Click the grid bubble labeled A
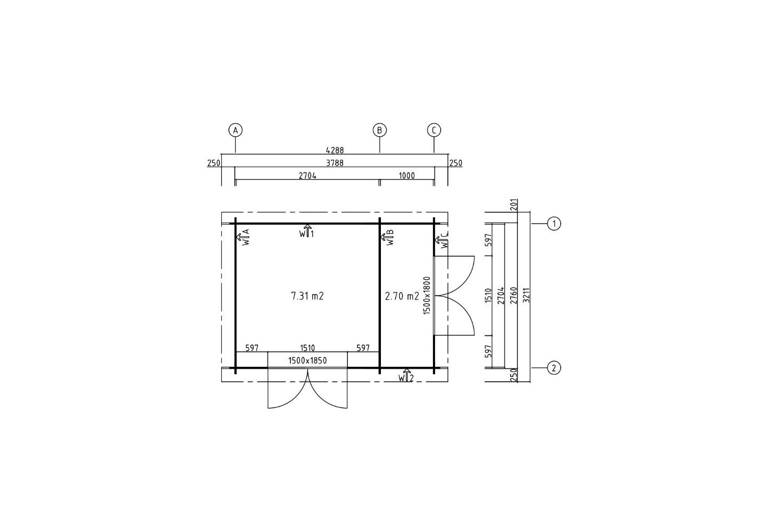pos(235,130)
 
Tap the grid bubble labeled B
pos(380,130)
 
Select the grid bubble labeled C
pos(434,130)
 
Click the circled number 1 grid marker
pos(554,224)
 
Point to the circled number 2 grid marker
pos(554,368)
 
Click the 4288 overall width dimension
pos(335,150)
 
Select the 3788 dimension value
pos(335,163)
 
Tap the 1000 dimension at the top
pos(407,176)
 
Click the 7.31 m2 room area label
pos(307,296)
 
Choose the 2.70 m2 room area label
pos(402,296)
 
